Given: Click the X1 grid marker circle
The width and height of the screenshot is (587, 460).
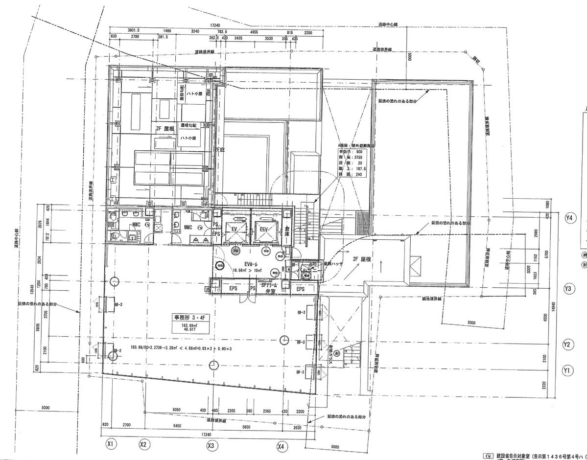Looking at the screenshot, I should coord(111,444).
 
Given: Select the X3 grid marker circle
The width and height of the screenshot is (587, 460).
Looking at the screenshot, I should coord(211,446).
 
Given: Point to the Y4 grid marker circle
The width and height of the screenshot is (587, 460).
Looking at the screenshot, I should coord(569,218).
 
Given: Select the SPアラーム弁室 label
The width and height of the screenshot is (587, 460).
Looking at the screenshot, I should coord(270,288).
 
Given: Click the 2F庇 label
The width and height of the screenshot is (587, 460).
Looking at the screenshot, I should coord(218,149).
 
